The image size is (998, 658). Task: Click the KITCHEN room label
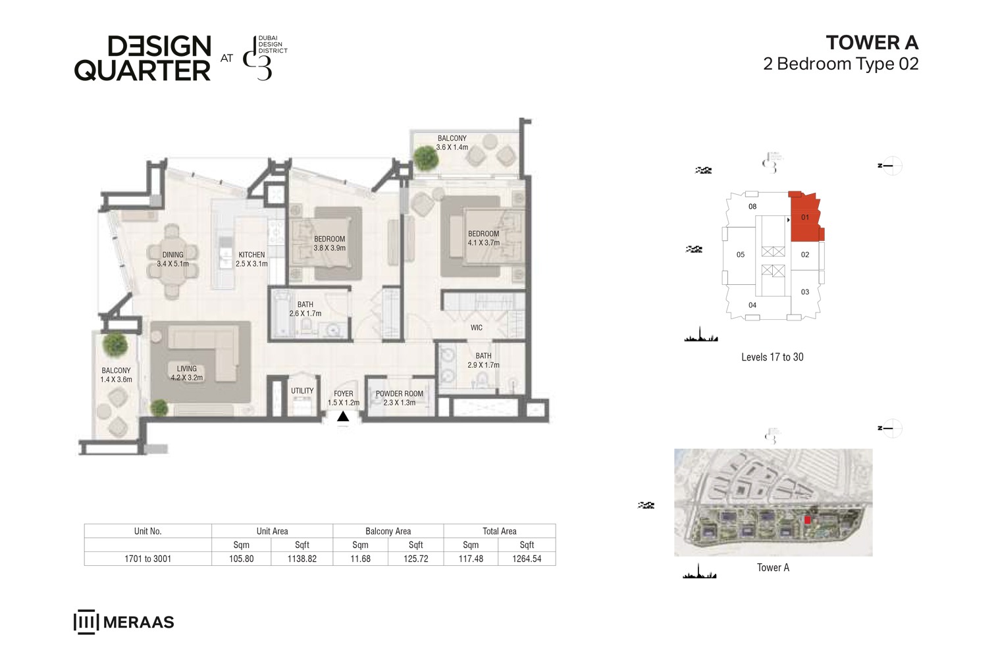coord(251,255)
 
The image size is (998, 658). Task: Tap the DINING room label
coord(173,255)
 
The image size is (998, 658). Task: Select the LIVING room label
coord(186,369)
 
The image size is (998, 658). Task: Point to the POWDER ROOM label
coord(400,394)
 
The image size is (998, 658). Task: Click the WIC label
coord(477,328)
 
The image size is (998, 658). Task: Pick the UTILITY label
coord(302,391)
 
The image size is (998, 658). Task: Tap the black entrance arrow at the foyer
coord(343,417)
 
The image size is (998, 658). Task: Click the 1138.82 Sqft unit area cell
coord(302,559)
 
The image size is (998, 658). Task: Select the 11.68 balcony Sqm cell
coord(360,559)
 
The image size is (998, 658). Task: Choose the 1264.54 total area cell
coord(527,559)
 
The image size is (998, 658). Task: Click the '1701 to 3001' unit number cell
coord(148,559)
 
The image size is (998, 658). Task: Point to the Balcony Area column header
coord(388,531)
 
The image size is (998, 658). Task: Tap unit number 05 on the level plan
coord(741,255)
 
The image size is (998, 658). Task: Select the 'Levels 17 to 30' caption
coord(772,357)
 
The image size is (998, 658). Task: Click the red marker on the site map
coord(808,520)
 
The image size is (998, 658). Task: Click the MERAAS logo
coord(124,622)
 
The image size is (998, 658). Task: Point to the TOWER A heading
coord(872,43)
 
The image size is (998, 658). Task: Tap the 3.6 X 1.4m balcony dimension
coord(452,147)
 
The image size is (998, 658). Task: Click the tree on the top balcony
coord(426,157)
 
